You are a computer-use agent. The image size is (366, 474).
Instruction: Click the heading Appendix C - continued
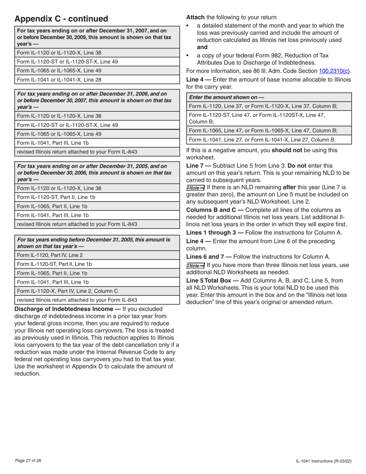coord(61,19)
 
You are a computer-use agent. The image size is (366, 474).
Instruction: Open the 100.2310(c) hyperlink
coord(334,71)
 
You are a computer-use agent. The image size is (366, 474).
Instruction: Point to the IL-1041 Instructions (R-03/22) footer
coord(323,461)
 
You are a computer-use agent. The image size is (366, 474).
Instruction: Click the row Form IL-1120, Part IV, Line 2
coord(50,255)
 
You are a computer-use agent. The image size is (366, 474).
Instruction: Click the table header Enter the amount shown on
coord(227,97)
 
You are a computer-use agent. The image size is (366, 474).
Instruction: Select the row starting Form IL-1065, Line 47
coord(263,131)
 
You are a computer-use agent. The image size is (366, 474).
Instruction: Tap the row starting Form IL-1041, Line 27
coord(262,140)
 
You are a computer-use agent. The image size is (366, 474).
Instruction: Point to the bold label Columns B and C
coord(212,210)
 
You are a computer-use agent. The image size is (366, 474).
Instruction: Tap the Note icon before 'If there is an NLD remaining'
coord(195,188)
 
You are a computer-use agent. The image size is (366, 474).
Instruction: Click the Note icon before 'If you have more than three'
coord(195,266)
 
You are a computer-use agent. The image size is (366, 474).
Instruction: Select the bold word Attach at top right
coord(195,17)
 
